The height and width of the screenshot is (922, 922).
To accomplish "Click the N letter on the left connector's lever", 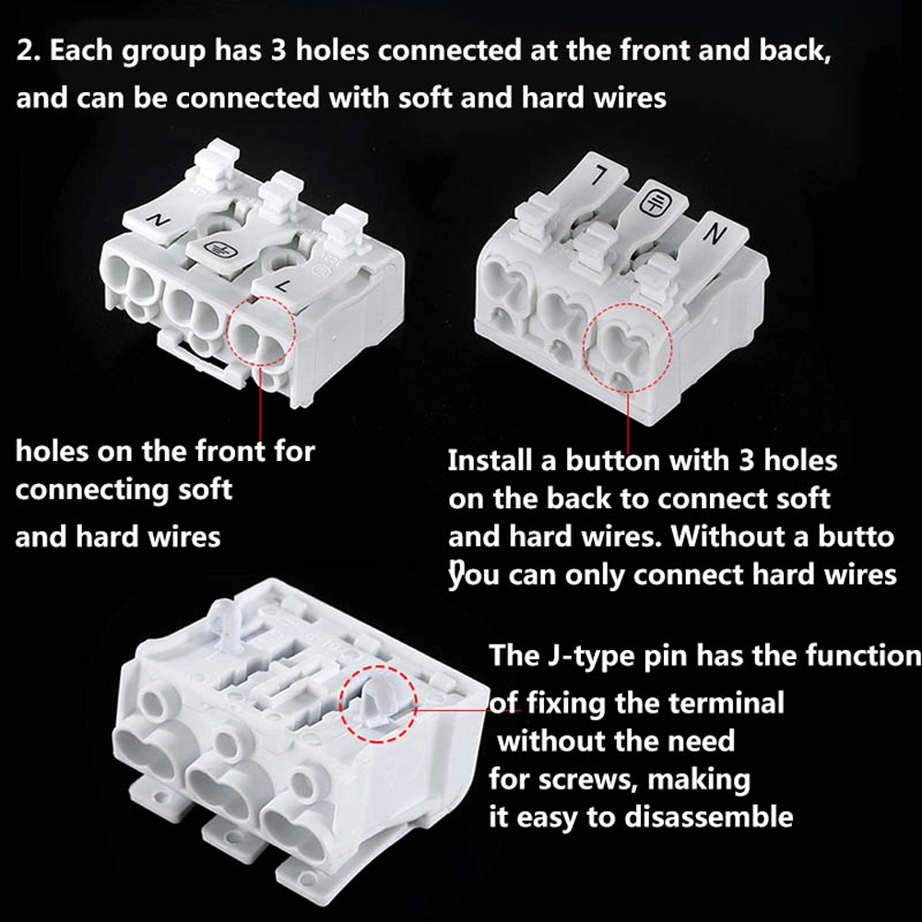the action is pos(158,221).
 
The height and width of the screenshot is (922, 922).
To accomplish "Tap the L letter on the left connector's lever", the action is pos(283,287).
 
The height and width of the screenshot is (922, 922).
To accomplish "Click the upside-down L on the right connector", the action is pos(600,174).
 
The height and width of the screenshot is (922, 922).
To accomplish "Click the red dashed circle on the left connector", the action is pos(261,332).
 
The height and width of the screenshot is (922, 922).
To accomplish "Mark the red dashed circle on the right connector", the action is pos(628,349).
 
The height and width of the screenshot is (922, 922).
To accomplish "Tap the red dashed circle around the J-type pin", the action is pos(378,703).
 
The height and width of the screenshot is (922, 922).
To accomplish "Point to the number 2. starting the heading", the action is pos(29,51).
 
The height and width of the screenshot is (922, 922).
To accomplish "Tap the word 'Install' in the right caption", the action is pos(490,460).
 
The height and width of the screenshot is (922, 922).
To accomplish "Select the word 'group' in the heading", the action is pos(163,52).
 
